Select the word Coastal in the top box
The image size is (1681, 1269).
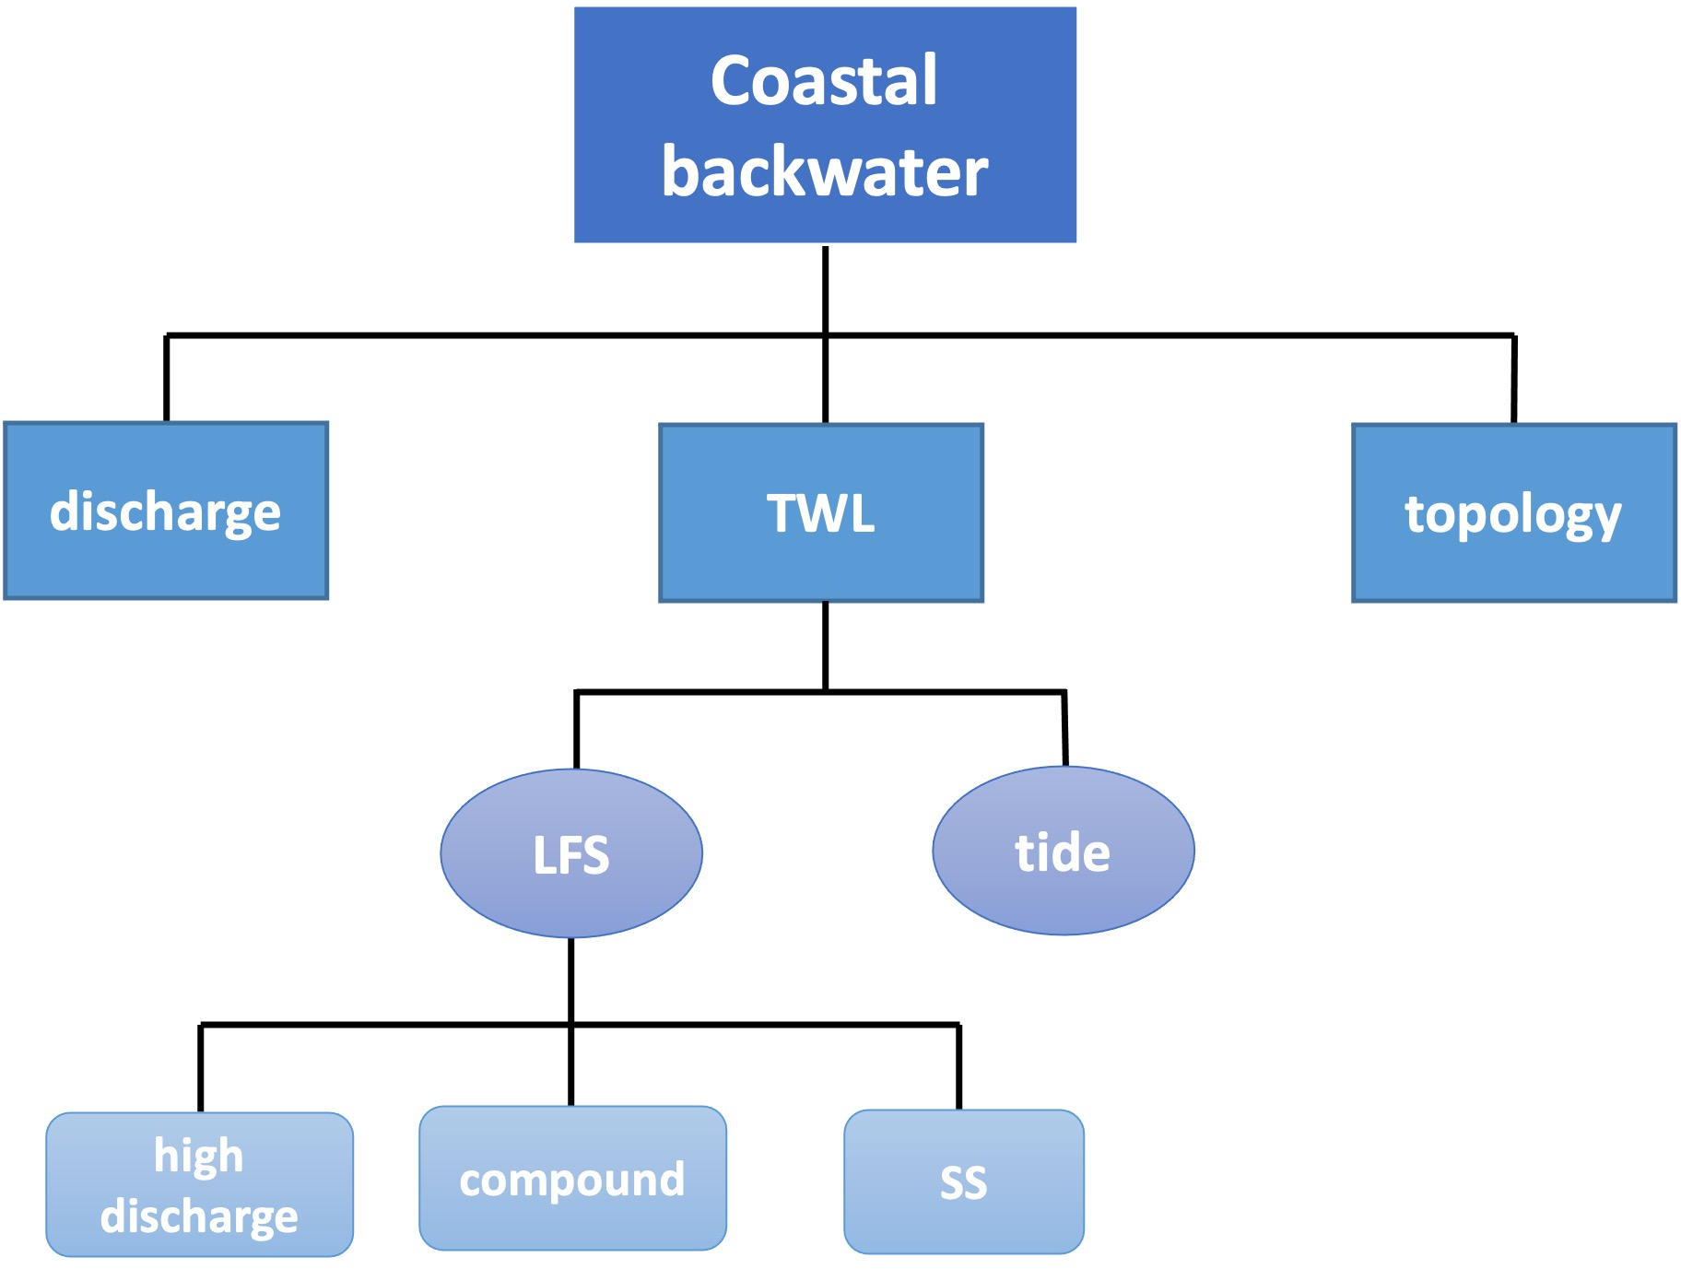[x=824, y=81]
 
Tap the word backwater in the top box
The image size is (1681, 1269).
[x=825, y=172]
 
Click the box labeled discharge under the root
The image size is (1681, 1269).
[x=166, y=511]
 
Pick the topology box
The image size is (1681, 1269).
[x=1513, y=512]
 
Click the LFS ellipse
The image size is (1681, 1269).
[x=571, y=853]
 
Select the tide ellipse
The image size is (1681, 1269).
[x=1063, y=852]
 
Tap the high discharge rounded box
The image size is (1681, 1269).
[x=199, y=1184]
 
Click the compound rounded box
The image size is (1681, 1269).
[x=572, y=1179]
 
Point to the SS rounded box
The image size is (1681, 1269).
[x=963, y=1181]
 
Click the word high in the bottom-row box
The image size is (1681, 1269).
[x=199, y=1156]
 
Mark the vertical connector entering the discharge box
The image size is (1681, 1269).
[x=166, y=378]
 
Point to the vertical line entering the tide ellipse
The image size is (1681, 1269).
[x=1064, y=728]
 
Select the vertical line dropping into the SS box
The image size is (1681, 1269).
[x=959, y=1067]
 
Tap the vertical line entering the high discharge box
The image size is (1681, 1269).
[x=200, y=1069]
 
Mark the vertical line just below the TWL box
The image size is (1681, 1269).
[x=825, y=645]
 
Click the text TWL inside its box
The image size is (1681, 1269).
[x=820, y=513]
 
